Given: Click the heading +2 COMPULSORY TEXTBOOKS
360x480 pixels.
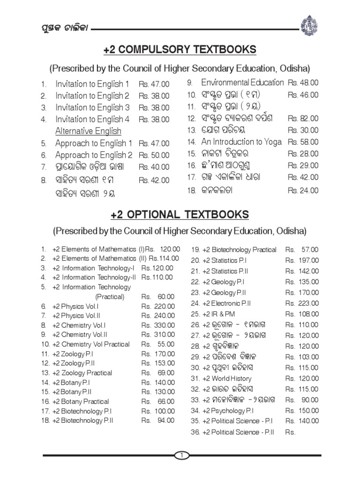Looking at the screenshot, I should click(180, 50).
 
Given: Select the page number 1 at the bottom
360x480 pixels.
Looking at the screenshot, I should click(180, 455).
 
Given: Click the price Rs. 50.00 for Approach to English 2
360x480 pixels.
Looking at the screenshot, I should click(154, 155).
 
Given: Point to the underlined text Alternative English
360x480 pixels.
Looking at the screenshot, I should click(88, 131).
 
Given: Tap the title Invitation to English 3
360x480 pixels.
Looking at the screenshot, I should click(92, 108).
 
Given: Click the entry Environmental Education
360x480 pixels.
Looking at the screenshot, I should click(242, 82).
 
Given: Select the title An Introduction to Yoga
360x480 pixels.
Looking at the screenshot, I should click(241, 142).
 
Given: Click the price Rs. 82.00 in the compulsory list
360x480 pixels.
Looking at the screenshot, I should click(303, 118).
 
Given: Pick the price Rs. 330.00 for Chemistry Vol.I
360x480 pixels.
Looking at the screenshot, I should click(158, 325).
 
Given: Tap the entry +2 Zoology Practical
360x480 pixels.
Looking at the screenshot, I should click(82, 373).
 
